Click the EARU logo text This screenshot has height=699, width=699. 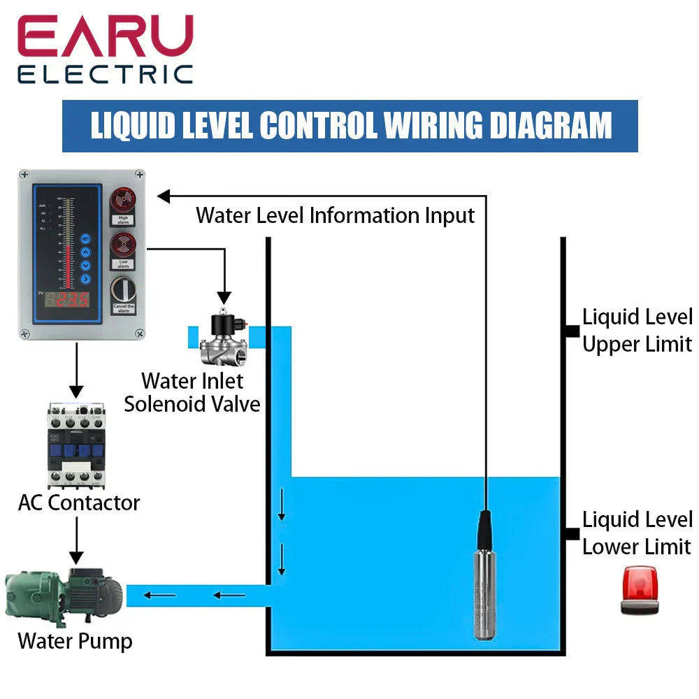click(105, 38)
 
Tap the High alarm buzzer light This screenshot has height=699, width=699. click(123, 201)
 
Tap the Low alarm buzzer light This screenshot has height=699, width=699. click(123, 246)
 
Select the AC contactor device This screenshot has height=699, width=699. click(75, 446)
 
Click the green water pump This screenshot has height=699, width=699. click(63, 596)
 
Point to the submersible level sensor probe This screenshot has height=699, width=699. click(485, 580)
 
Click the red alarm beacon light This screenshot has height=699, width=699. click(640, 591)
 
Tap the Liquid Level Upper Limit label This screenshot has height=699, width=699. click(636, 331)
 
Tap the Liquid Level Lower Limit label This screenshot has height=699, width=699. click(636, 533)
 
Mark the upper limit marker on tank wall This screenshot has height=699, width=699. click(571, 331)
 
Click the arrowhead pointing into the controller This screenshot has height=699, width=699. click(164, 196)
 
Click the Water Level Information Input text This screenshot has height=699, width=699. click(335, 215)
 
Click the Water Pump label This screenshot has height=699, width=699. click(75, 641)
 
